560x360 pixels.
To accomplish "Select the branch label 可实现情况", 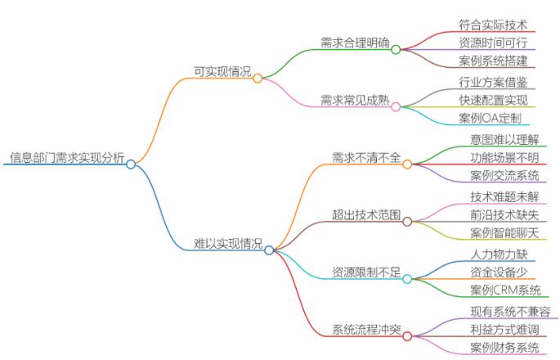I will click(x=222, y=72).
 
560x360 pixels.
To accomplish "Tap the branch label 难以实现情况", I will click(x=228, y=244).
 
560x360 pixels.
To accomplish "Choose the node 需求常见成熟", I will click(x=355, y=101).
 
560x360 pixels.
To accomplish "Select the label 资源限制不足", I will click(x=365, y=272).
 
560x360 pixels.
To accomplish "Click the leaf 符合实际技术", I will click(x=492, y=24).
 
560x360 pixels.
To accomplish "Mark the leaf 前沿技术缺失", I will click(x=504, y=215).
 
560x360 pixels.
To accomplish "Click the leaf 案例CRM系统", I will click(x=505, y=291).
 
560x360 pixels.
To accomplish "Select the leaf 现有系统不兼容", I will click(x=510, y=311).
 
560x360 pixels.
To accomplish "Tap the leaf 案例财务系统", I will click(x=504, y=349).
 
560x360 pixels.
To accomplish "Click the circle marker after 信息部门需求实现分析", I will click(x=131, y=164).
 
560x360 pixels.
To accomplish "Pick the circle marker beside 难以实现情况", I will click(x=269, y=250).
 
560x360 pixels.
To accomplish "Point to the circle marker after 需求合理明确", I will click(x=396, y=49).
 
